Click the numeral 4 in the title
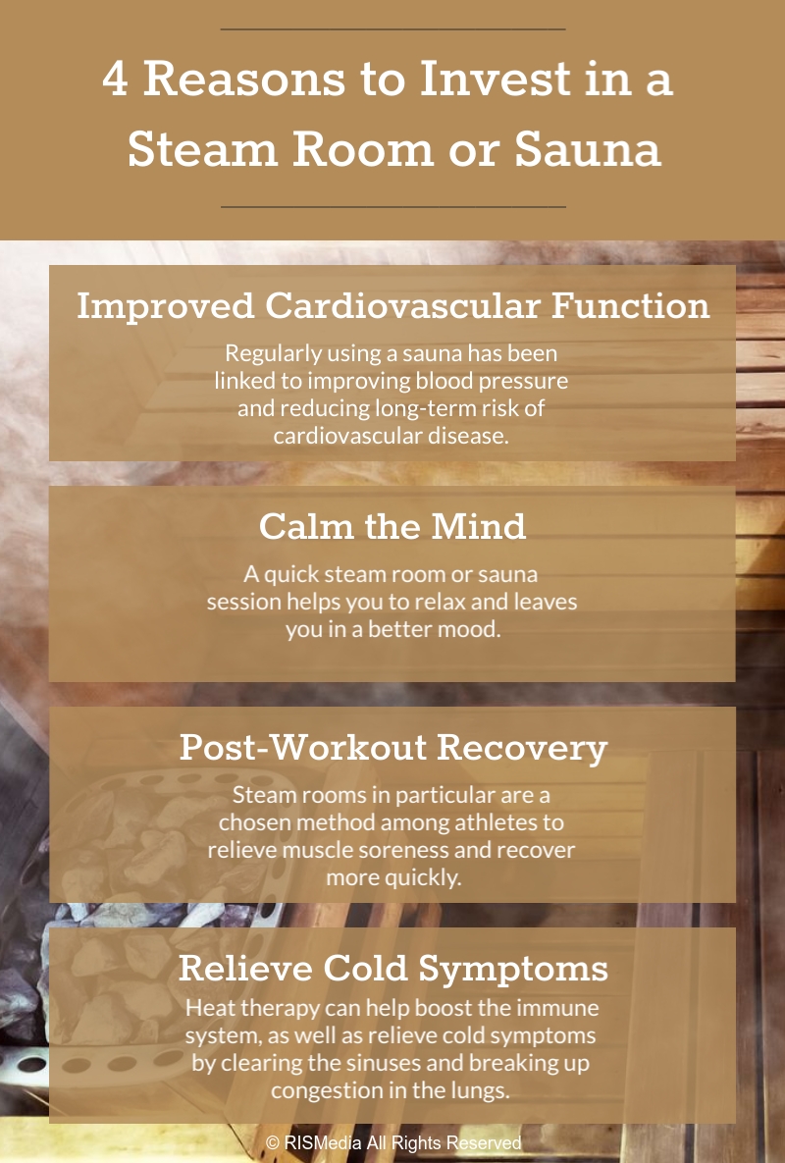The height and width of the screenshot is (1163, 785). (115, 79)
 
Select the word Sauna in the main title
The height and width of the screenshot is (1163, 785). (587, 149)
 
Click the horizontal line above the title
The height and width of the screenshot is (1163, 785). (392, 28)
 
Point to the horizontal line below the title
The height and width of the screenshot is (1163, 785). (392, 206)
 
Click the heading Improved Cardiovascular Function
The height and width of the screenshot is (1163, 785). (392, 305)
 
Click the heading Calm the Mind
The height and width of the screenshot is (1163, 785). (392, 527)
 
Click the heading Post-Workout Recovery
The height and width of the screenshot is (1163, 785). (392, 748)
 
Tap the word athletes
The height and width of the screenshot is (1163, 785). (496, 822)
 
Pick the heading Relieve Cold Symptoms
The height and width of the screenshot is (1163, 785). (392, 969)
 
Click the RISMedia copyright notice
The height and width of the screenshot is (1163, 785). (392, 1143)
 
